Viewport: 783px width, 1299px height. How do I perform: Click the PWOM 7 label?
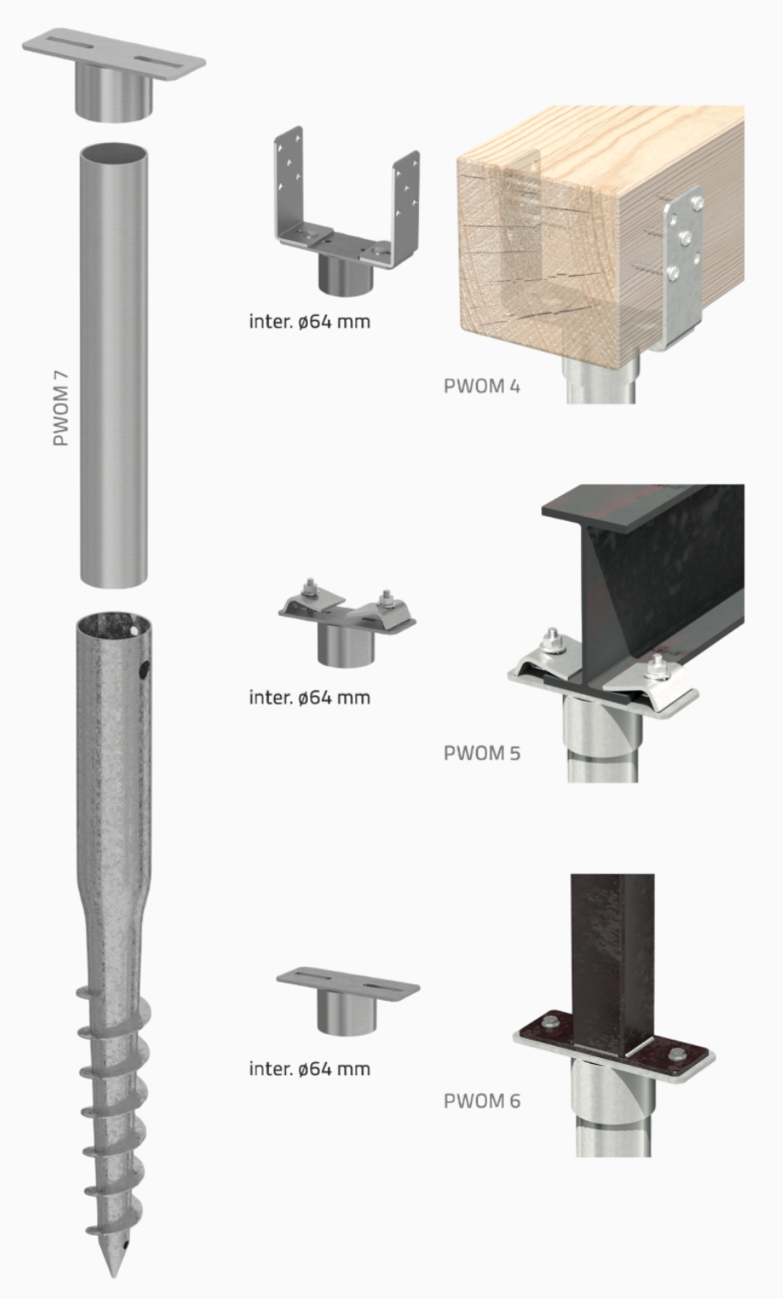[60, 407]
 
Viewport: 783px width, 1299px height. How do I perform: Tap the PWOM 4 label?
[481, 386]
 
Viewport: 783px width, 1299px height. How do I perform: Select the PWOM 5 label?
[481, 752]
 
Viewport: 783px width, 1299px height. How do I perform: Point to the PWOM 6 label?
[481, 1101]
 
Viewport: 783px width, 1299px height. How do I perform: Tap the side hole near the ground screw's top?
[144, 669]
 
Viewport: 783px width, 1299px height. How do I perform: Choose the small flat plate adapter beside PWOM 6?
[347, 997]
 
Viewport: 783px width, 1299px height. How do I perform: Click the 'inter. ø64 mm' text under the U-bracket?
[310, 322]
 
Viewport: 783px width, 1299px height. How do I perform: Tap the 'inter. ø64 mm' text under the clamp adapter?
[310, 697]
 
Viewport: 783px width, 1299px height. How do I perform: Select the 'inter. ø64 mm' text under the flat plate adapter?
[310, 1068]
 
